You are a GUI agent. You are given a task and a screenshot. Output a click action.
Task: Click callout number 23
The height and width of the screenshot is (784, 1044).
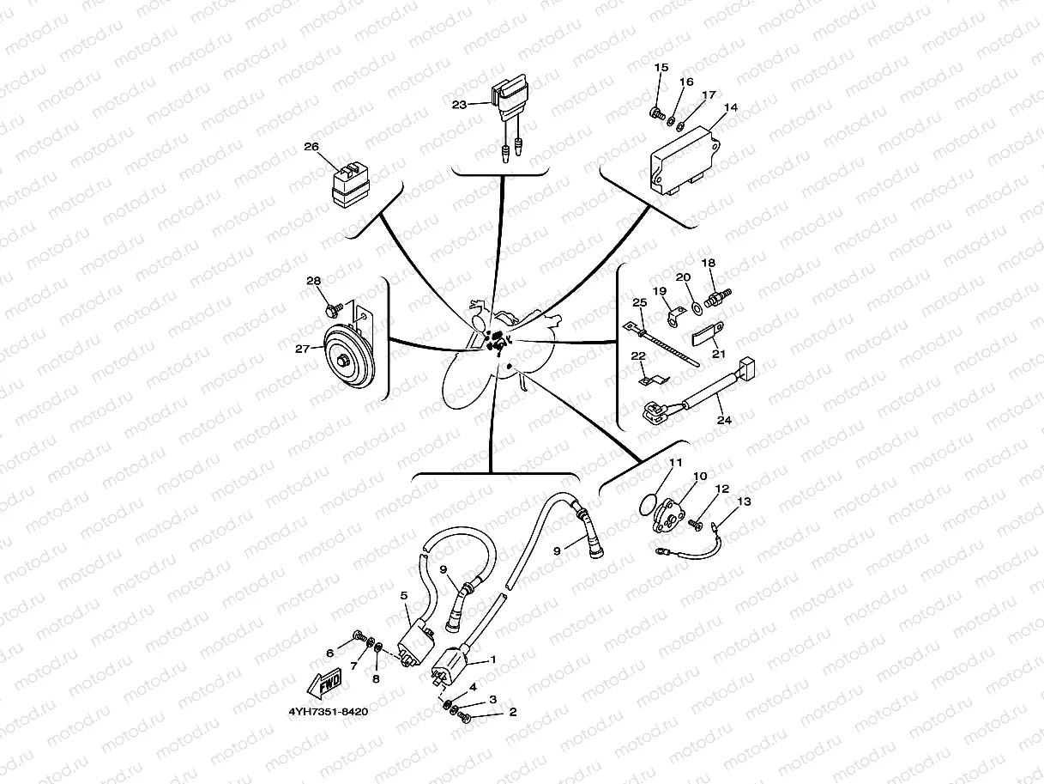click(459, 105)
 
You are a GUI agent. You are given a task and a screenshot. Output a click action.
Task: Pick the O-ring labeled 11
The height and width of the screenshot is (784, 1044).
click(653, 504)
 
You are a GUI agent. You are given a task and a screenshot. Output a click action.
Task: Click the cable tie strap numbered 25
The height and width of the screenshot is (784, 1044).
click(664, 344)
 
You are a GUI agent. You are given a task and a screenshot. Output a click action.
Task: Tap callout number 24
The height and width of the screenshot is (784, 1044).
click(724, 420)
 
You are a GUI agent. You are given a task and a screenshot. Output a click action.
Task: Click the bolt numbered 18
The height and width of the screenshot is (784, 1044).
click(714, 297)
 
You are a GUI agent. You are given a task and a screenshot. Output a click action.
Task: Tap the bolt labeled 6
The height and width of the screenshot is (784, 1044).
click(359, 636)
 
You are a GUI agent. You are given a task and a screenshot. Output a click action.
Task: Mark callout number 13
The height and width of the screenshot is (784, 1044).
click(743, 501)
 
